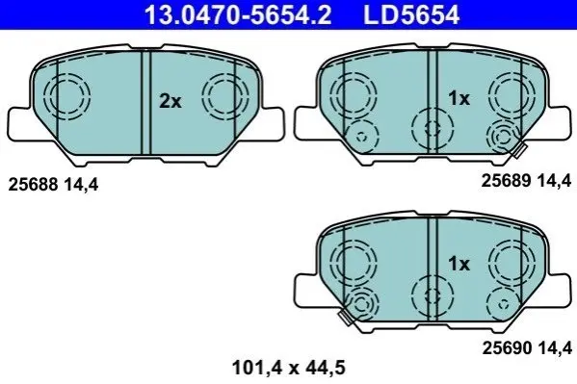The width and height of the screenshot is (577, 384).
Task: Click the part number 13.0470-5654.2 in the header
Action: pos(238,14)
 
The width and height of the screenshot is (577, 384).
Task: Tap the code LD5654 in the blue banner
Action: pos(411,14)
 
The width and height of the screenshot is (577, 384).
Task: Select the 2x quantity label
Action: pos(170,101)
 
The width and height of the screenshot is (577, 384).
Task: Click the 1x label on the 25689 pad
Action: pos(459,98)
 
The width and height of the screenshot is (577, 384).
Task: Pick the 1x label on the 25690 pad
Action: pos(459,264)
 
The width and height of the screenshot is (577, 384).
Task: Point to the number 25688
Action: pos(33,184)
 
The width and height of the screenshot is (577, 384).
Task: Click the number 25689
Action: pos(506,181)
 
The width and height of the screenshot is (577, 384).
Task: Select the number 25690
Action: pos(507,347)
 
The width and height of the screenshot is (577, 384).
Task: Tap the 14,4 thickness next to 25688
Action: pos(81,185)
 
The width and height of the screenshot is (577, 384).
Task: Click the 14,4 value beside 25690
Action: pos(555,348)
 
